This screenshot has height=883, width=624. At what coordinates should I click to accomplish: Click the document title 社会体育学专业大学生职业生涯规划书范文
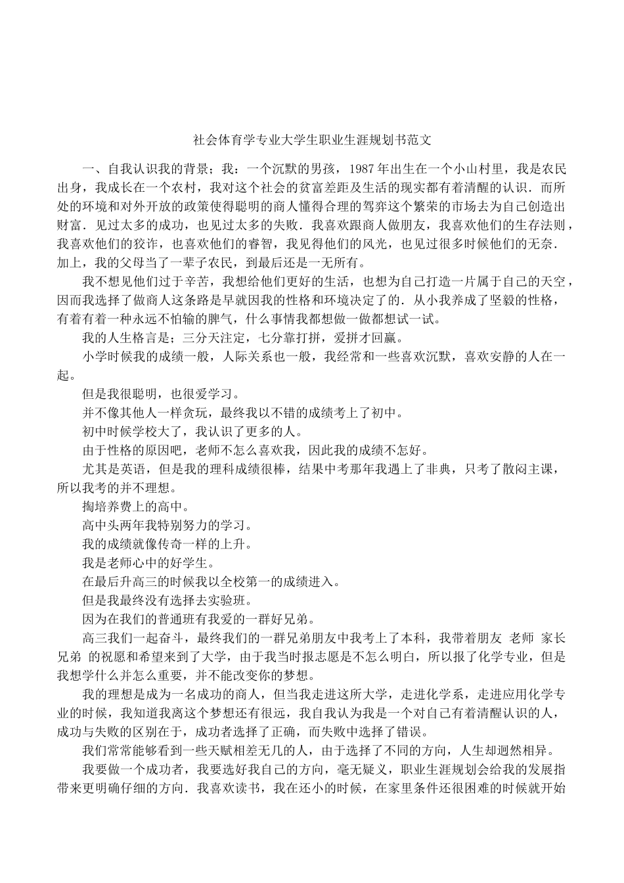coord(312,140)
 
